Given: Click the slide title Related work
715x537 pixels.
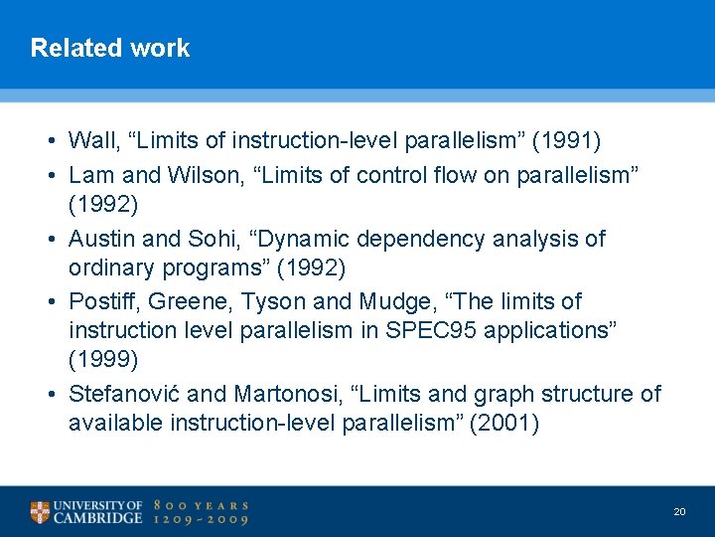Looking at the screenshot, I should pos(109,48).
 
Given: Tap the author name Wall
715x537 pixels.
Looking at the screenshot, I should pos(90,140).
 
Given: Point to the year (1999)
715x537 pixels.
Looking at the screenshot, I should pos(101,358).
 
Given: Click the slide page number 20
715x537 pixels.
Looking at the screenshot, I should pos(679,511).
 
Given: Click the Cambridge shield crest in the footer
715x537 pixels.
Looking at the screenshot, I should pos(40,512).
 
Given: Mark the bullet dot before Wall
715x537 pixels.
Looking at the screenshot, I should pos(50,141).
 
